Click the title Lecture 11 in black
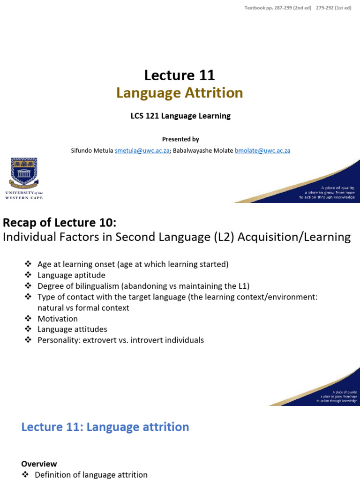point(180,75)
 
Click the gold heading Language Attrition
point(180,93)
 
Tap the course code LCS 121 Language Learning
point(180,116)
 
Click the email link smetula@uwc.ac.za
point(142,150)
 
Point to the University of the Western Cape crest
point(23,171)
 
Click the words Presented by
point(180,139)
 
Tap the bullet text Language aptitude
point(71,275)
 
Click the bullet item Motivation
point(58,319)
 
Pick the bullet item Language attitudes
point(72,330)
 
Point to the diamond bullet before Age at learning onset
point(28,264)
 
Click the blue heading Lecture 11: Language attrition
point(105,427)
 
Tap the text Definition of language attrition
point(91,474)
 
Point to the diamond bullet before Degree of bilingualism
point(28,286)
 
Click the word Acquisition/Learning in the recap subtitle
point(294,237)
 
